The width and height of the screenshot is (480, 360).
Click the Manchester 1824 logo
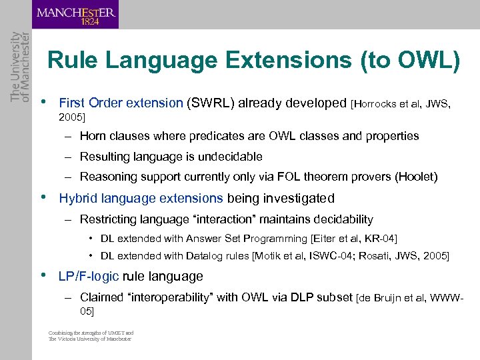(75, 15)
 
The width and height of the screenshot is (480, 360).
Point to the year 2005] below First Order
(72, 117)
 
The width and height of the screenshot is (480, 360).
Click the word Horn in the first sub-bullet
(93, 136)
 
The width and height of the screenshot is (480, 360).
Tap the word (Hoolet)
(416, 177)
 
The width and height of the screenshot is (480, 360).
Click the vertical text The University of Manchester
(15, 67)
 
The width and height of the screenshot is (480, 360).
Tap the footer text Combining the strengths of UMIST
(91, 333)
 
